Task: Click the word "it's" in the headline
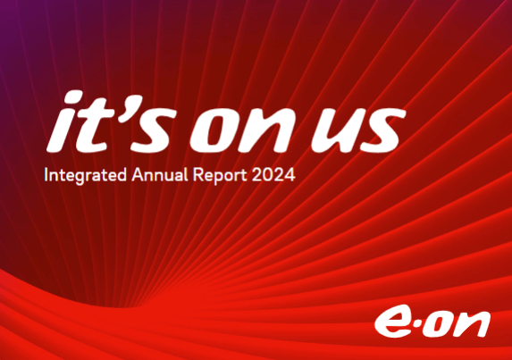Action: click(x=112, y=121)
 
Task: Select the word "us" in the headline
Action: click(x=358, y=130)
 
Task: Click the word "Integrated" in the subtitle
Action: click(x=85, y=175)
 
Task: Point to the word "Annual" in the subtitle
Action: click(x=160, y=174)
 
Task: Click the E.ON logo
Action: click(x=432, y=322)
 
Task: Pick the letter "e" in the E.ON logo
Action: click(x=391, y=322)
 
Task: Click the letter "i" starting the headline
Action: click(x=63, y=121)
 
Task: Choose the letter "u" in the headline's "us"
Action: click(x=335, y=130)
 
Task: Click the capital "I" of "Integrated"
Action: click(x=46, y=174)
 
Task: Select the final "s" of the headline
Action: click(x=382, y=130)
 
